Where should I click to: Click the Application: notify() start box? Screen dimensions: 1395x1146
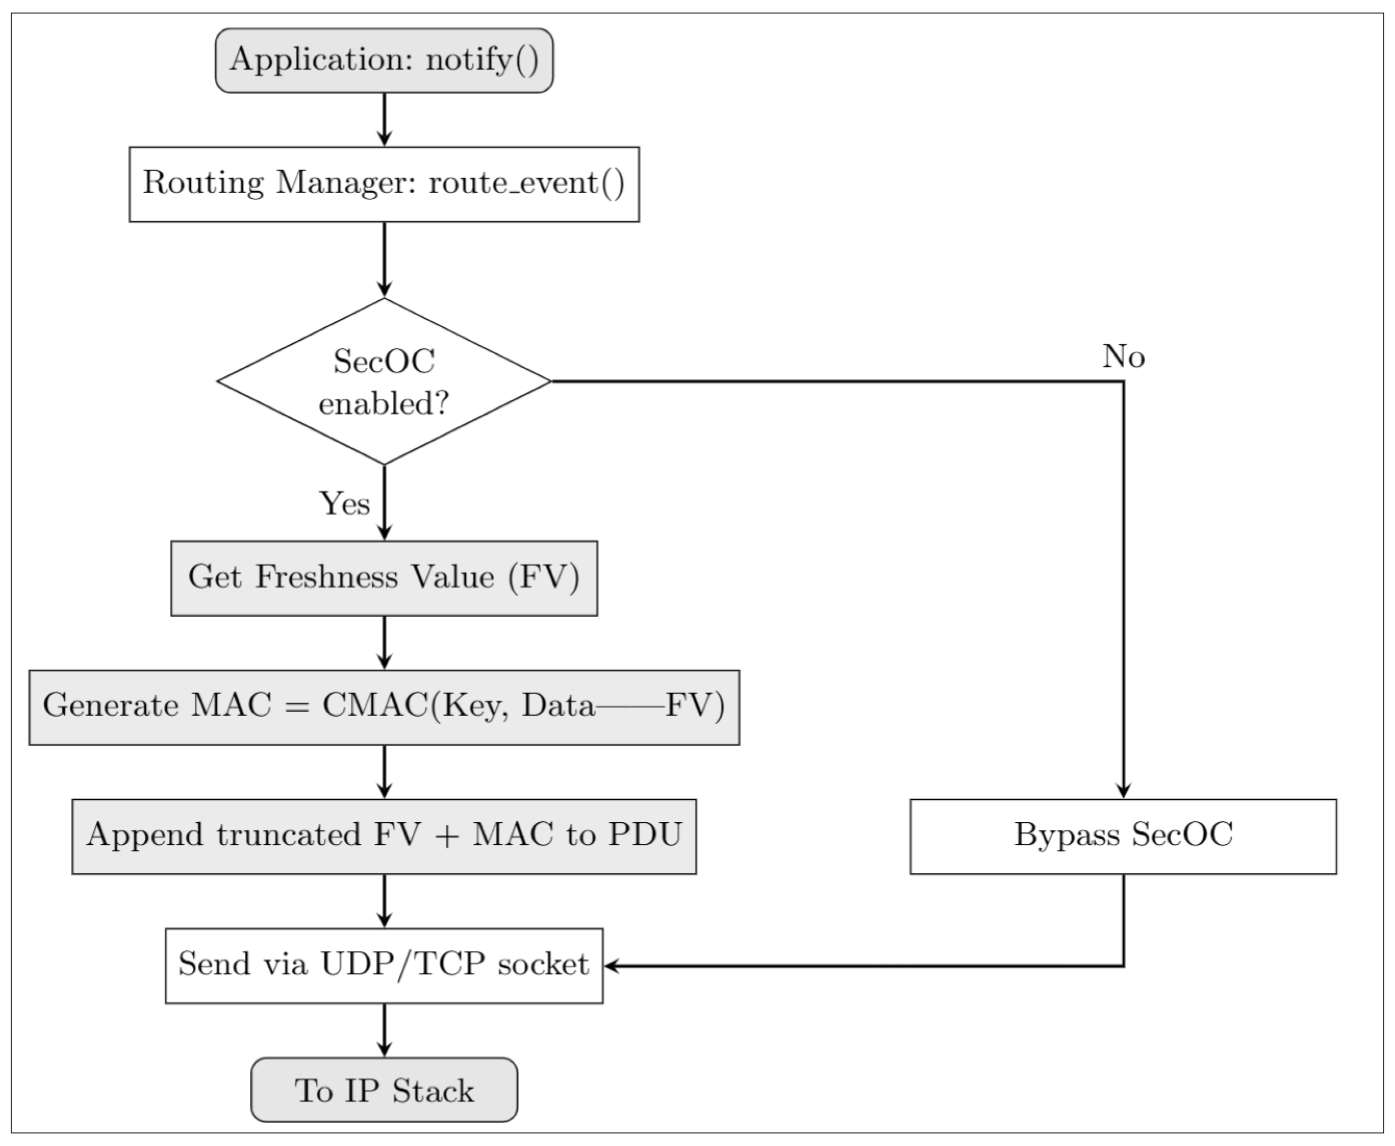point(384,60)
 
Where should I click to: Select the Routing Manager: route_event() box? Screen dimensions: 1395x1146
point(384,184)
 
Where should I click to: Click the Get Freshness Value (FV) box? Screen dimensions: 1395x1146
point(384,578)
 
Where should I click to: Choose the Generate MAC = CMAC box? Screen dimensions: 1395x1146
point(384,708)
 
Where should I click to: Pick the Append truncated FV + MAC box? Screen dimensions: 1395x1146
point(384,837)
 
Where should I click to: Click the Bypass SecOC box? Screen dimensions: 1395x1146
point(1123,837)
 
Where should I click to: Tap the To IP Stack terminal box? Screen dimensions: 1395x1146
point(384,1090)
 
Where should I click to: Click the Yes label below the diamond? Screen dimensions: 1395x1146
point(344,504)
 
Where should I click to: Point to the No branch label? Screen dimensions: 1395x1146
point(1123,357)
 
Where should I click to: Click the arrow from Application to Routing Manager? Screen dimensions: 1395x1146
point(384,120)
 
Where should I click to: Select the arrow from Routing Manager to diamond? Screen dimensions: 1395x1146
point(384,260)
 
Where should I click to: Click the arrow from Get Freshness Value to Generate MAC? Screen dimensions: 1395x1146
point(384,643)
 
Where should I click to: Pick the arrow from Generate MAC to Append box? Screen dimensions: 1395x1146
point(384,772)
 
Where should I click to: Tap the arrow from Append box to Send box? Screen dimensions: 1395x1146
point(384,902)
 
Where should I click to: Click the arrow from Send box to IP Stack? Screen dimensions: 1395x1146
point(384,1031)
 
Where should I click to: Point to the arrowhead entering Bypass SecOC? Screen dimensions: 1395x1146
point(1123,791)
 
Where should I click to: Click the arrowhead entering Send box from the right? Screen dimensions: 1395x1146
point(612,966)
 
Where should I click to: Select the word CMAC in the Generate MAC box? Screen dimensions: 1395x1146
point(375,706)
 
